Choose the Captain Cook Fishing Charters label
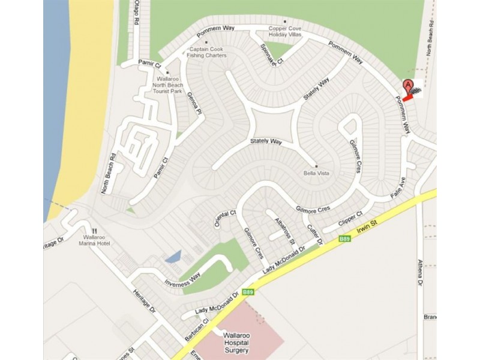coord(207,52)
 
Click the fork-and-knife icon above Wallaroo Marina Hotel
coord(94,230)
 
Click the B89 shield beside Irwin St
coord(344,238)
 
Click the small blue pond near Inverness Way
coord(172,258)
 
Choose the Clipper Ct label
coord(350,220)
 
